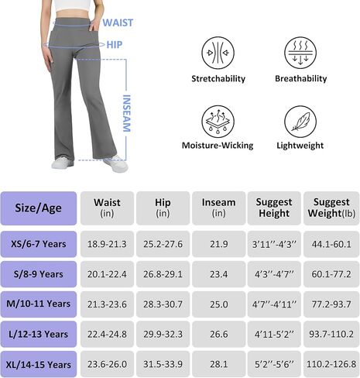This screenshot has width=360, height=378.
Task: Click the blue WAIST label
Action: click(118, 22)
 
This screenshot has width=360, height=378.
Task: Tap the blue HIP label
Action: click(115, 45)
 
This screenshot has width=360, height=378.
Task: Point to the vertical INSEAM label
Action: click(126, 113)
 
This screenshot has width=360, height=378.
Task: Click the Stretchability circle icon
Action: click(218, 53)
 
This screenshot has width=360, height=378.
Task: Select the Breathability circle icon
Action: click(300, 53)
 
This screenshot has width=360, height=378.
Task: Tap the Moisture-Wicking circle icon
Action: click(218, 122)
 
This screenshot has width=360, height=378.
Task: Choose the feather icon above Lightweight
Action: click(300, 122)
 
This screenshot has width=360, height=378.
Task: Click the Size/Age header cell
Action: click(39, 208)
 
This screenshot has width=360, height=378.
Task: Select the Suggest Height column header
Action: click(274, 208)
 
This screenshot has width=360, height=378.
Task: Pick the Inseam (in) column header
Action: click(218, 208)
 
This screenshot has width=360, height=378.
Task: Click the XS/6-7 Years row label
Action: click(39, 244)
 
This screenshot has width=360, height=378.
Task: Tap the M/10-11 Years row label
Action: click(39, 304)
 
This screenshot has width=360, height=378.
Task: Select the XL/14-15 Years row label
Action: click(39, 364)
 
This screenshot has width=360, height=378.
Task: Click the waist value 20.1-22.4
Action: click(107, 274)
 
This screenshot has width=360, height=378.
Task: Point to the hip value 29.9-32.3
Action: click(163, 335)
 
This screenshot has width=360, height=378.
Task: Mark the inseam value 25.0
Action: click(218, 304)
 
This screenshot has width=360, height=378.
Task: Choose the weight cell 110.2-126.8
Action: click(331, 364)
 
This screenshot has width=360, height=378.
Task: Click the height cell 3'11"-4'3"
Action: click(274, 244)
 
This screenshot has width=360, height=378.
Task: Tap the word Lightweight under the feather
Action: click(300, 146)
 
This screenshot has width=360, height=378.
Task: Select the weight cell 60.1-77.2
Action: click(331, 274)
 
